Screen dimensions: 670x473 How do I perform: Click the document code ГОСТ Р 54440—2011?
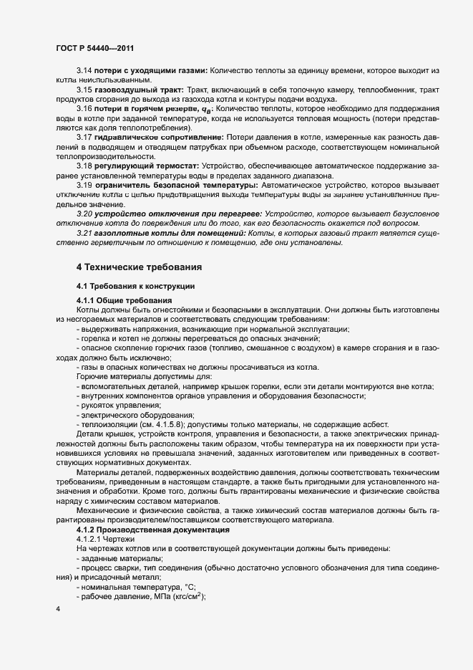(x=93, y=47)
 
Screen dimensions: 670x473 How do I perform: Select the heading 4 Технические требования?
(x=139, y=267)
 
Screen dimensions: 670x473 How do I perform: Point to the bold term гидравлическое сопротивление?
(x=161, y=136)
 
